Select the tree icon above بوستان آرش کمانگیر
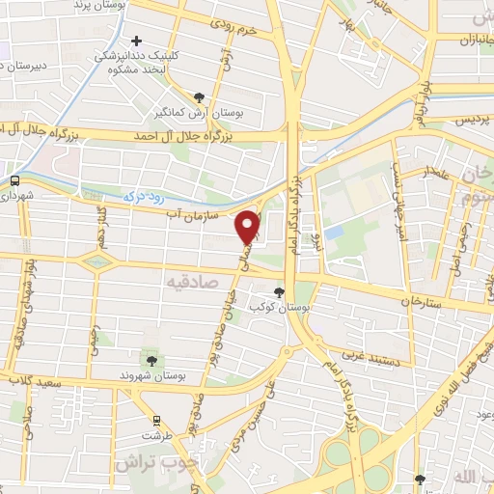pyautogui.click(x=200, y=97)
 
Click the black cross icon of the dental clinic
pyautogui.click(x=137, y=41)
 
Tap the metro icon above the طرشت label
pyautogui.click(x=154, y=420)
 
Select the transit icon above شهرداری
pyautogui.click(x=14, y=180)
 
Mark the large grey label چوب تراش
pyautogui.click(x=154, y=462)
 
